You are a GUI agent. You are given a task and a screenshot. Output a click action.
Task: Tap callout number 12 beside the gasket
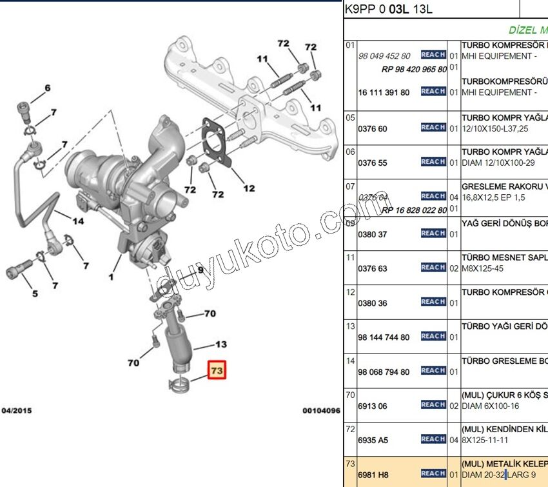249,188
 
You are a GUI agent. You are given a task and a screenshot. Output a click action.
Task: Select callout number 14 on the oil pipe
77,221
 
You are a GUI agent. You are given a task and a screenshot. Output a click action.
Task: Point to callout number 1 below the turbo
111,278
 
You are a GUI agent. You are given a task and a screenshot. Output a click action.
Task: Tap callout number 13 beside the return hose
221,344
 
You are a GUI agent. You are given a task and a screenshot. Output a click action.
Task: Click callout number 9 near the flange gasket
200,270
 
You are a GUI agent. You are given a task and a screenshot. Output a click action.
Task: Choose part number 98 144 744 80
384,337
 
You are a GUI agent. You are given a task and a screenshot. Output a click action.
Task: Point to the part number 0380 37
373,234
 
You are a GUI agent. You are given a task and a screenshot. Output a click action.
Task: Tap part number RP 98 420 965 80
414,69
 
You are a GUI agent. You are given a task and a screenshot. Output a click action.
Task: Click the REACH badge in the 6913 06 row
433,405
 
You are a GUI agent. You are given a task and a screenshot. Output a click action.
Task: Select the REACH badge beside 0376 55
433,162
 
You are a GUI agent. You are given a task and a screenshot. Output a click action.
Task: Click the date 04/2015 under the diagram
17,410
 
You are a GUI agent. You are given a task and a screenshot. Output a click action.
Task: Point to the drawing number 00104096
321,410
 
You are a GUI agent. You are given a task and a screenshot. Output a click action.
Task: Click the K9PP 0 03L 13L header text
387,9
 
